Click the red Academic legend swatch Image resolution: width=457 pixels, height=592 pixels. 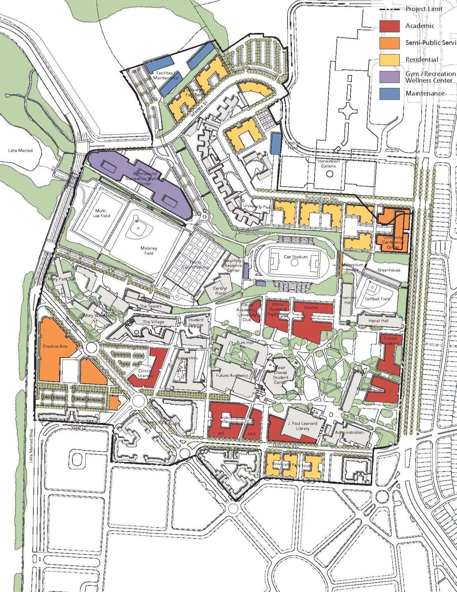pyautogui.click(x=389, y=26)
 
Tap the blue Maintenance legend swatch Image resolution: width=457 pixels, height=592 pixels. pyautogui.click(x=389, y=93)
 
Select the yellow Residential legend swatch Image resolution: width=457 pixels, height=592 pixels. pyautogui.click(x=389, y=60)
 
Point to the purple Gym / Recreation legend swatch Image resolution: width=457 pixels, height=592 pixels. pyautogui.click(x=389, y=77)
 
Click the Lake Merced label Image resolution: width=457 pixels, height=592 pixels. pyautogui.click(x=21, y=150)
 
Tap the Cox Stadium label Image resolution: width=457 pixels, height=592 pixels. pyautogui.click(x=296, y=257)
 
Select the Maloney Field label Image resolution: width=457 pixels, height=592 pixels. pyautogui.click(x=149, y=250)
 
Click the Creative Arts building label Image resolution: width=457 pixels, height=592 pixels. pyautogui.click(x=55, y=346)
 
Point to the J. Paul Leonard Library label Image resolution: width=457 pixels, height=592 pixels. pyautogui.click(x=302, y=426)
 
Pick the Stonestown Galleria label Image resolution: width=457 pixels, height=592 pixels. pyautogui.click(x=328, y=164)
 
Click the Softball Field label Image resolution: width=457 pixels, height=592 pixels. pyautogui.click(x=378, y=298)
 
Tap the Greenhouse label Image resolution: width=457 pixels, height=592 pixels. pyautogui.click(x=389, y=270)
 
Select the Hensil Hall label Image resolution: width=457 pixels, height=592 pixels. pyautogui.click(x=378, y=321)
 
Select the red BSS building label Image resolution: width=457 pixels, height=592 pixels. pyautogui.click(x=221, y=433)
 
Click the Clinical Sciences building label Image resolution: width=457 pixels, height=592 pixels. pyautogui.click(x=145, y=373)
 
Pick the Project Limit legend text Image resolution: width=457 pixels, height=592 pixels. pyautogui.click(x=424, y=9)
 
